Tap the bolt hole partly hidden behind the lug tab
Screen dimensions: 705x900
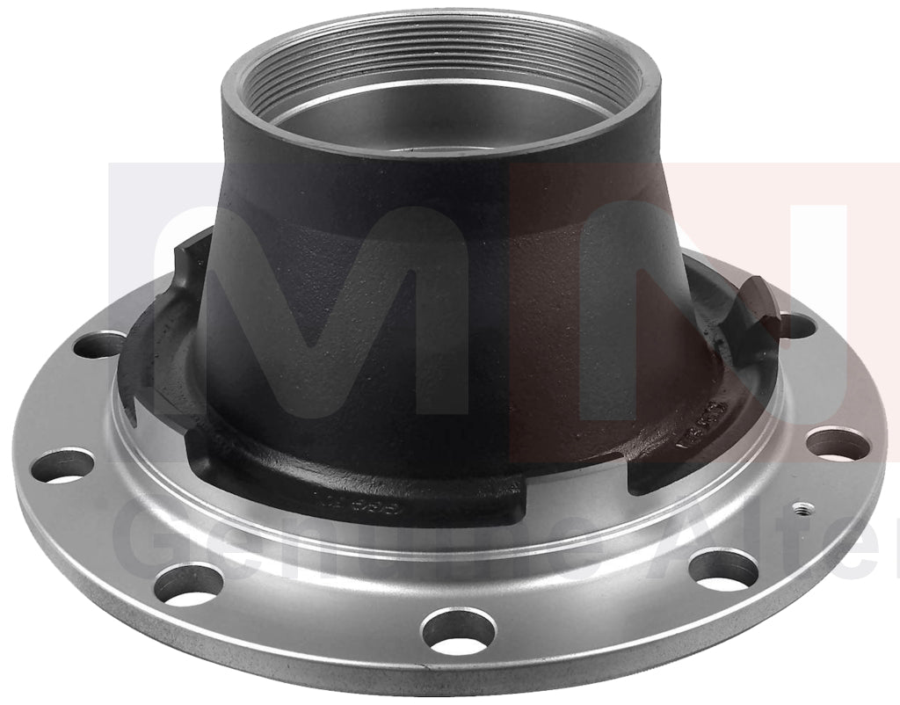point(795,326)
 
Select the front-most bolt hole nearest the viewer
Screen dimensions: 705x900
point(457,631)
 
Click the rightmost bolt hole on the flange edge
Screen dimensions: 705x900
point(837,442)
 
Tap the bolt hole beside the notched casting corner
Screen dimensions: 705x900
point(98,344)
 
